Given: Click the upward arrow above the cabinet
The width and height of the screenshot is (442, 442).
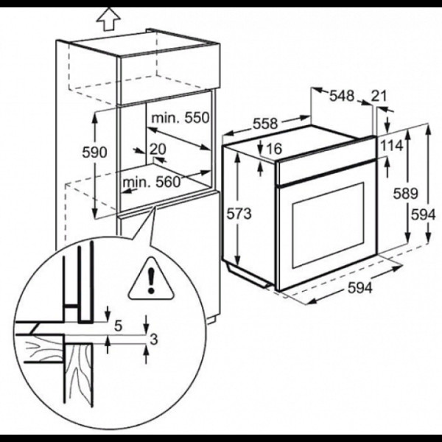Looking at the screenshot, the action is click(x=108, y=19).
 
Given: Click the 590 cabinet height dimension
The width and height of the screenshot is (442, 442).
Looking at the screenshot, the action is click(x=95, y=152).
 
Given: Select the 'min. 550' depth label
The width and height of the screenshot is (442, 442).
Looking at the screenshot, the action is click(x=180, y=118).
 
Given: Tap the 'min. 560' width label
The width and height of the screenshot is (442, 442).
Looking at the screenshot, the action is click(x=151, y=182).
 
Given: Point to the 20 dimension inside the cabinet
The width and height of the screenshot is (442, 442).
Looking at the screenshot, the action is click(x=158, y=149).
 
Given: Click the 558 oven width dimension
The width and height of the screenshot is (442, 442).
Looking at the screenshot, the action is click(x=265, y=124).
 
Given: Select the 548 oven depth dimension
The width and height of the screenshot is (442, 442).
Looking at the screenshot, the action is click(x=342, y=96).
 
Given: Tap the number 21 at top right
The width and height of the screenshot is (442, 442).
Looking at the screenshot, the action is click(x=379, y=96).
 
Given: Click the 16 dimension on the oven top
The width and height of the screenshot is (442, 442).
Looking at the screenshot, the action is click(x=274, y=149).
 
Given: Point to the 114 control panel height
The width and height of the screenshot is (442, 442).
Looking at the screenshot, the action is click(x=392, y=146).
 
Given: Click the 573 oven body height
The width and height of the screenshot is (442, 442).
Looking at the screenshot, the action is click(x=239, y=214).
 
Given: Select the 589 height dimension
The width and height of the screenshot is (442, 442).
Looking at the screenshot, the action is click(x=405, y=194).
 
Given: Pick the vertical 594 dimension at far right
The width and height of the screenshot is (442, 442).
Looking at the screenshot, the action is click(x=423, y=215).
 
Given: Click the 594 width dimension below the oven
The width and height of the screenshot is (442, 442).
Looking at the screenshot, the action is click(x=360, y=288).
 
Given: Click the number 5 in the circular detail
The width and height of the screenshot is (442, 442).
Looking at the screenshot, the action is click(x=119, y=326).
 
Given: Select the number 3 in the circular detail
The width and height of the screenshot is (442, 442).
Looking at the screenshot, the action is click(x=154, y=340).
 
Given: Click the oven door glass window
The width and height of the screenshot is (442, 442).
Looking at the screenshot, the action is click(x=329, y=225).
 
